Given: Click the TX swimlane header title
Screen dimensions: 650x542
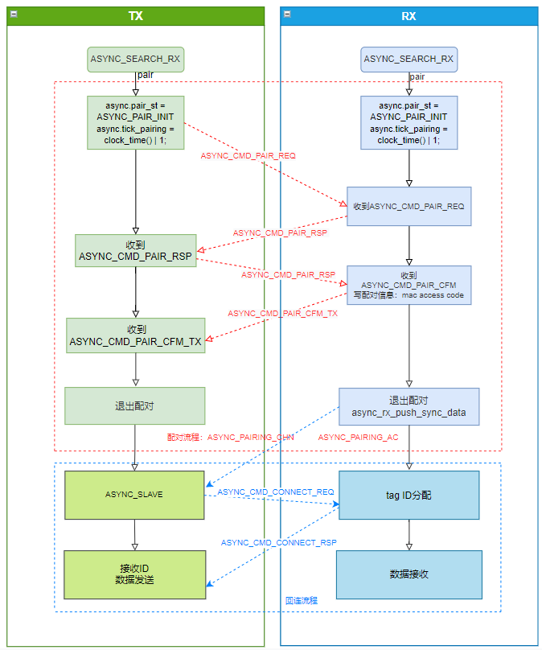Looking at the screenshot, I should pos(135,16).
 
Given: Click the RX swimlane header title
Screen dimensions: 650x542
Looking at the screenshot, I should pos(409,16).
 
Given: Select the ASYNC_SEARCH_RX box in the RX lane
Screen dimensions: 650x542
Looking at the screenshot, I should pos(409,59).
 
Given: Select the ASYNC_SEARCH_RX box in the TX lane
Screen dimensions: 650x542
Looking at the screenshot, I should pos(135,59).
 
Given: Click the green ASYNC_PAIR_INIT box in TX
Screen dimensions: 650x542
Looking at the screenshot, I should pos(135,122).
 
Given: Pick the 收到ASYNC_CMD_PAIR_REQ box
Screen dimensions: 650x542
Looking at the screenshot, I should pos(409,206).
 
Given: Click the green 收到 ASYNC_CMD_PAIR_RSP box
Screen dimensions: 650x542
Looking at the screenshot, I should pos(135,250).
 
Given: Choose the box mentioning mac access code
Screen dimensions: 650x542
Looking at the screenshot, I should pos(409,285).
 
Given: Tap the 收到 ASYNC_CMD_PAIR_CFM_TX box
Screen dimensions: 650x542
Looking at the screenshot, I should pos(135,335).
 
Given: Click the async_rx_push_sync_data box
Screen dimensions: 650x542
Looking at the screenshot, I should pos(409,406).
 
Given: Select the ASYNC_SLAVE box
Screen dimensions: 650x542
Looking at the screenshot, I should pos(134,494).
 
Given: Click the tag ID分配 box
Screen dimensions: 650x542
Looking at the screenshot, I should pos(409,495).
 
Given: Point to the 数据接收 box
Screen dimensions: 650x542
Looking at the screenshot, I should pos(409,574).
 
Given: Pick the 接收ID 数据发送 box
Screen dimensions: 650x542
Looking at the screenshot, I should pos(134,574).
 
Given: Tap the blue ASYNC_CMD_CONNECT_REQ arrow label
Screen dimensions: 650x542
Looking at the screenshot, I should pos(275,492).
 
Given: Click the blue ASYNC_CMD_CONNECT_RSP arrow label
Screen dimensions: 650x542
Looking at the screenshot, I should pos(278,542).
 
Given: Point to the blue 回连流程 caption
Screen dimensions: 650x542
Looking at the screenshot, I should pos(302,600).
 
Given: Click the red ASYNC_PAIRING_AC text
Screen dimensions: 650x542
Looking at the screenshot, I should pos(358,437).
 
